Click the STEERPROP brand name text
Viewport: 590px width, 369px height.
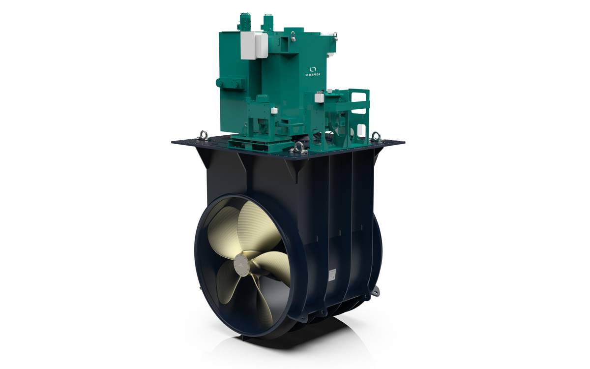[313, 75]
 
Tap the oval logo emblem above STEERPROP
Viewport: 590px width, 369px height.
[313, 69]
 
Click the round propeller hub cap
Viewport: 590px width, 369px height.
[241, 265]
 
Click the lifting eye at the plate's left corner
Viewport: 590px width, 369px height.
[204, 135]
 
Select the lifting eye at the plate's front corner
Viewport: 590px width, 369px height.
[299, 148]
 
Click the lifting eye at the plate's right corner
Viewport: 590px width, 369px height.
[376, 137]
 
